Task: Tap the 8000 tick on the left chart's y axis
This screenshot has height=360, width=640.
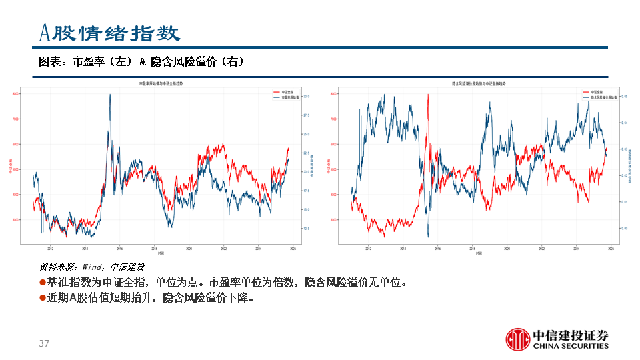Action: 15,94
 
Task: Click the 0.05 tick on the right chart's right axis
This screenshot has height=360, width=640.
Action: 625,97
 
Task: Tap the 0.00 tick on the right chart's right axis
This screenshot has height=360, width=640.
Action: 625,228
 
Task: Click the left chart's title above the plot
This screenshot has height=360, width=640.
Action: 161,83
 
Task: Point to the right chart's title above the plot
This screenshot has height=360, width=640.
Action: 478,83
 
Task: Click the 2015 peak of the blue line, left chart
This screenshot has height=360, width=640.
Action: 109,95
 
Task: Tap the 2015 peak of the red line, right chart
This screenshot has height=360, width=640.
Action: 427,95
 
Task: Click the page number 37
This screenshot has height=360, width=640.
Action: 45,343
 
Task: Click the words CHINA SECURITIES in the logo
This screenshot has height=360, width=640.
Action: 571,346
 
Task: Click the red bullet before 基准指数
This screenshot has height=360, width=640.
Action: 42,283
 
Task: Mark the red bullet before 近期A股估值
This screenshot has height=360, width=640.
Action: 42,298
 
